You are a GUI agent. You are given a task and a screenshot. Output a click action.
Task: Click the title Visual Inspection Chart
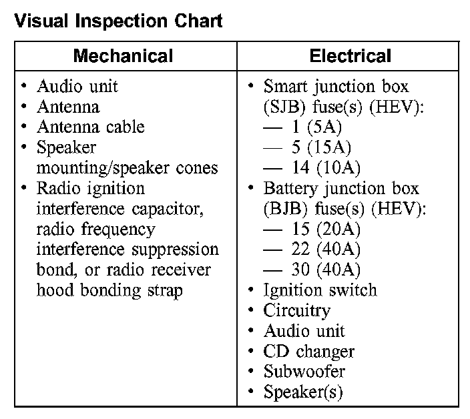pyautogui.click(x=118, y=21)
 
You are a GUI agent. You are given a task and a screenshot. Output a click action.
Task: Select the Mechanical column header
pyautogui.click(x=124, y=55)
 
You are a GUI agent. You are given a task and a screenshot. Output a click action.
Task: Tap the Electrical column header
pyautogui.click(x=350, y=55)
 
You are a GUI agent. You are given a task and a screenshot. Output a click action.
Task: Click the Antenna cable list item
pyautogui.click(x=91, y=127)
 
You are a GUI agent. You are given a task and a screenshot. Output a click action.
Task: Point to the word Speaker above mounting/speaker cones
pyautogui.click(x=66, y=147)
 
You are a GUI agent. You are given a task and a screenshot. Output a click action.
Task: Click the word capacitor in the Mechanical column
pyautogui.click(x=168, y=209)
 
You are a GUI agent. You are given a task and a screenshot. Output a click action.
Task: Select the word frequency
pyautogui.click(x=118, y=230)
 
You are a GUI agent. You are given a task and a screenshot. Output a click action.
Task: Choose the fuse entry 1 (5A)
pyautogui.click(x=316, y=127)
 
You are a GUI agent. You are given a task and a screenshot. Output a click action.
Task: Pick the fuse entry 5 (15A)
pyautogui.click(x=321, y=147)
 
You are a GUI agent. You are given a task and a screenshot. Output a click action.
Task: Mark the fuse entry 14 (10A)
pyautogui.click(x=326, y=167)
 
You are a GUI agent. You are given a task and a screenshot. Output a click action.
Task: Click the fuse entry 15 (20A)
pyautogui.click(x=326, y=229)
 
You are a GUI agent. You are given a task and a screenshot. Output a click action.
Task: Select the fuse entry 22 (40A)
pyautogui.click(x=326, y=250)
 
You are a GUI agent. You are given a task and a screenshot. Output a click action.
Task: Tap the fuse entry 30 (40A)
pyautogui.click(x=326, y=270)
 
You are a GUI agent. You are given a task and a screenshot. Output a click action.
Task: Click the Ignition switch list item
pyautogui.click(x=320, y=290)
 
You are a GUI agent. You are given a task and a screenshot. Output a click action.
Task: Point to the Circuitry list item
pyautogui.click(x=296, y=311)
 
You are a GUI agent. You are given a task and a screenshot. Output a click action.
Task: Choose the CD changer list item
pyautogui.click(x=308, y=352)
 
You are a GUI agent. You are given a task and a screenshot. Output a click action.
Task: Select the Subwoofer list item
pyautogui.click(x=304, y=372)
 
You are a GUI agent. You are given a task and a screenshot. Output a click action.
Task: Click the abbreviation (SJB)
pyautogui.click(x=285, y=107)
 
